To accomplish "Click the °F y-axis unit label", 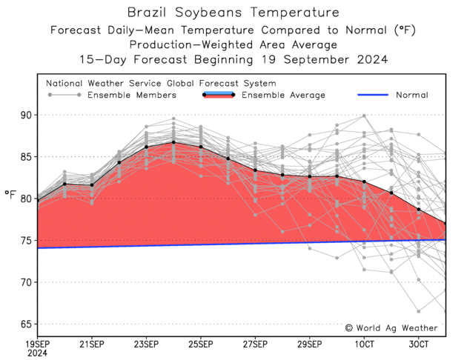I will click(x=10, y=195).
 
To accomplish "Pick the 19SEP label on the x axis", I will click(x=37, y=344).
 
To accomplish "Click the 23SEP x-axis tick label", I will click(x=146, y=344).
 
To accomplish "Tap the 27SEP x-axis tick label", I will click(x=255, y=344).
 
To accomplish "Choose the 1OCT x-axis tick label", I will click(x=364, y=344).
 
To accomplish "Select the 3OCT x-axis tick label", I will click(x=419, y=344).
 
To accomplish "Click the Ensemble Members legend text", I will click(x=132, y=95).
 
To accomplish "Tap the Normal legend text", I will click(x=411, y=95).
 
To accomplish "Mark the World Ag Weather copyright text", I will click(x=391, y=327).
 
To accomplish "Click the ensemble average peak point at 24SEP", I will click(x=173, y=142).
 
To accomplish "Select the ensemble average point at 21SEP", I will click(x=92, y=184).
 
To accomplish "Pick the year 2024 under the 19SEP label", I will click(x=37, y=353).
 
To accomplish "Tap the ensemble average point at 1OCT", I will click(x=364, y=181).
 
